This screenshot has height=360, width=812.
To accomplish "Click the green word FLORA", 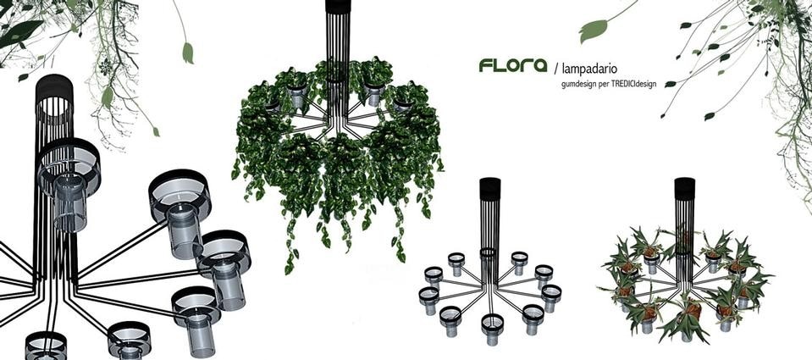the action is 512,65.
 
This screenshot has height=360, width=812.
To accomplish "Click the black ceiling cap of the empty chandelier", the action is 490,189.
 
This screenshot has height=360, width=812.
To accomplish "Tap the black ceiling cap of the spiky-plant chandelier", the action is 684,189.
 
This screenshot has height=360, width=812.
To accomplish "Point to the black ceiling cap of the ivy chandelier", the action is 338,6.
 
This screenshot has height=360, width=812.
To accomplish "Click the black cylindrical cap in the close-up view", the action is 54,89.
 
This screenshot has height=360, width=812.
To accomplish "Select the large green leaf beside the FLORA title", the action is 594,30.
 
